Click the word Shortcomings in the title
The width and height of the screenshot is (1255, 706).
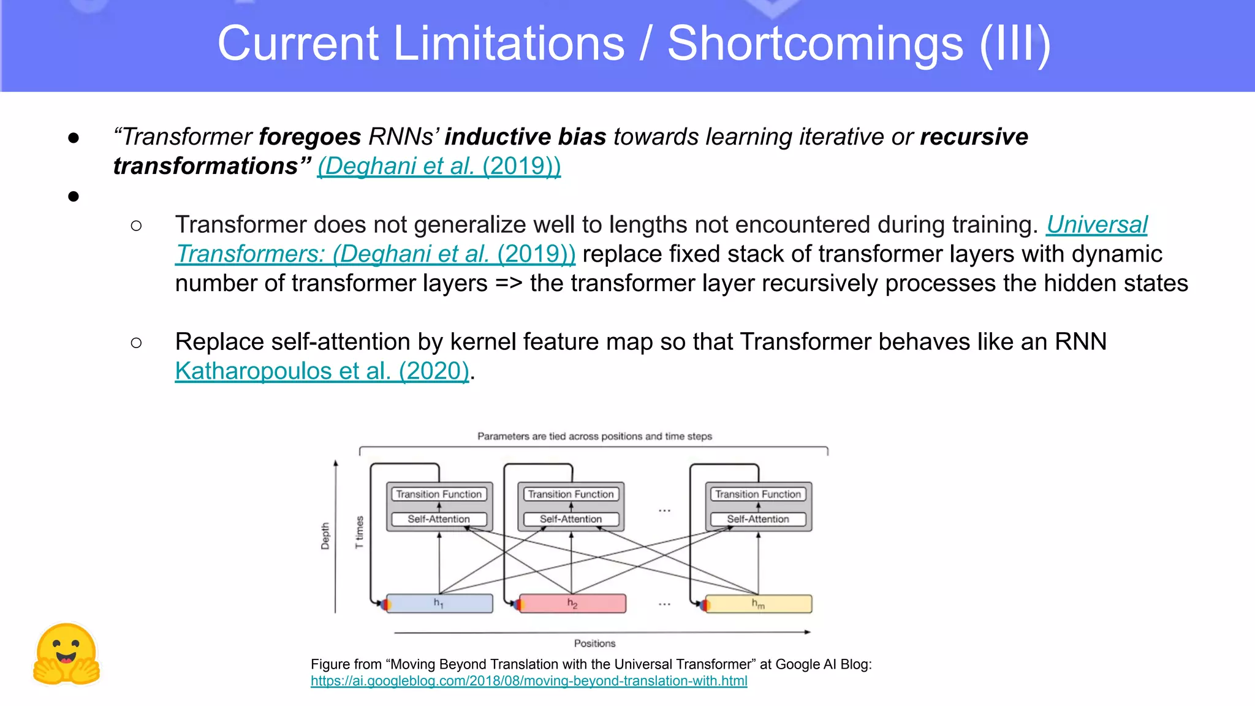pyautogui.click(x=815, y=44)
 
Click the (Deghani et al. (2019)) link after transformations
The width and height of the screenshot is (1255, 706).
pyautogui.click(x=439, y=166)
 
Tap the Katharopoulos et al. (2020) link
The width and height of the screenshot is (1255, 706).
pyautogui.click(x=322, y=371)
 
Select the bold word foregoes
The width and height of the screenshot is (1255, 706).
pyautogui.click(x=310, y=137)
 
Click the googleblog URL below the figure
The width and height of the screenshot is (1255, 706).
pyautogui.click(x=528, y=681)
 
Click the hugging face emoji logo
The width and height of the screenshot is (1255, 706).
pyautogui.click(x=66, y=655)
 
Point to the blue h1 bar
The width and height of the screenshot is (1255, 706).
pyautogui.click(x=439, y=604)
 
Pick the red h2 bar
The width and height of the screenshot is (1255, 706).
pyautogui.click(x=572, y=604)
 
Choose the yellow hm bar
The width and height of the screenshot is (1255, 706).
pyautogui.click(x=758, y=604)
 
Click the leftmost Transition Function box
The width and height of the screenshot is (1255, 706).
pyautogui.click(x=439, y=494)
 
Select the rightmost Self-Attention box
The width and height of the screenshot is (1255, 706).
pyautogui.click(x=758, y=519)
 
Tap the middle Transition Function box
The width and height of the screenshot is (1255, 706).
pyautogui.click(x=571, y=494)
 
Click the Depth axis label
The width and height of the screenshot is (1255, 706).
pyautogui.click(x=325, y=536)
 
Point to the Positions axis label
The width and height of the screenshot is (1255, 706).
pyautogui.click(x=594, y=643)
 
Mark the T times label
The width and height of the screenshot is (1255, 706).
pyautogui.click(x=359, y=532)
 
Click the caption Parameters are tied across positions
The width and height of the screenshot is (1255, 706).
pyautogui.click(x=594, y=436)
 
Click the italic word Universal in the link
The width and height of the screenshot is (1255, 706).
pyautogui.click(x=1096, y=225)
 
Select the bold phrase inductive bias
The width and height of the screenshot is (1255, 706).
pyautogui.click(x=525, y=137)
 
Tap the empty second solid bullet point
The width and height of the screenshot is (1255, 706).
pyautogui.click(x=74, y=197)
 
